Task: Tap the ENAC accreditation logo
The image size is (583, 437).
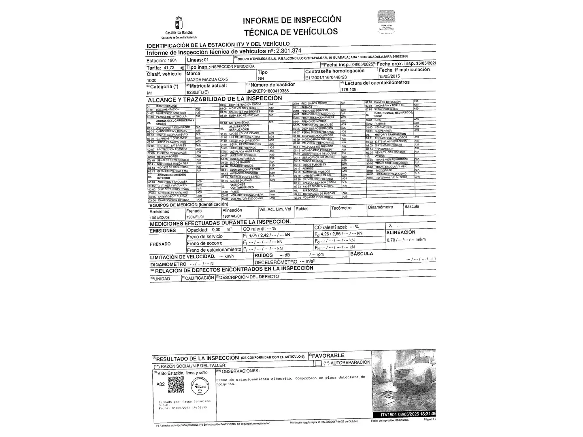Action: point(386,19)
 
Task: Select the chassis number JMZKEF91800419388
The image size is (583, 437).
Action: point(268,91)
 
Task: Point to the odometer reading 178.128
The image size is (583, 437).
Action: point(349,89)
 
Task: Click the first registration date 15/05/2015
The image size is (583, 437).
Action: point(389,76)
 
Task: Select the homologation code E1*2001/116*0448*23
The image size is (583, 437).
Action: point(326,77)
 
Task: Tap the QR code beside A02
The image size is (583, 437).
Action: point(176,385)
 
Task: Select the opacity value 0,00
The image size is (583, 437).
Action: point(216,229)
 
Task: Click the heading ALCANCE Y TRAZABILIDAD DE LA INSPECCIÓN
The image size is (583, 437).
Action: point(215,99)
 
